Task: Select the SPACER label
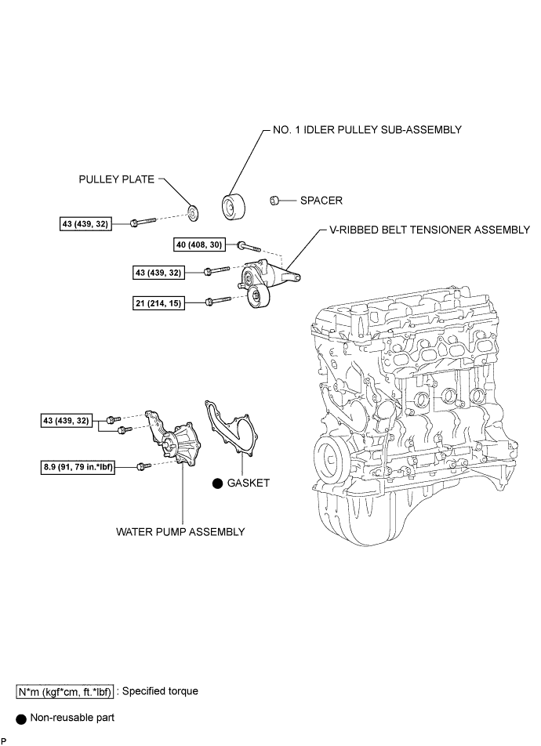(321, 201)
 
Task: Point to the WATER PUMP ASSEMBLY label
(180, 531)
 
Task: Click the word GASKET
(249, 483)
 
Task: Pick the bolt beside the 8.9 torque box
(142, 467)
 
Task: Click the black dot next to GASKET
(216, 484)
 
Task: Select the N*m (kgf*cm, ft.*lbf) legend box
(66, 692)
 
